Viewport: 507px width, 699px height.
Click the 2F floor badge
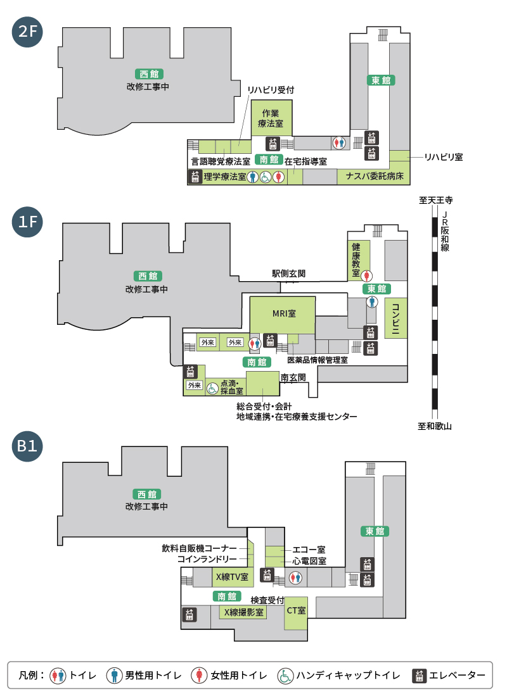(27, 32)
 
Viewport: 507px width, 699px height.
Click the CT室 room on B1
(296, 612)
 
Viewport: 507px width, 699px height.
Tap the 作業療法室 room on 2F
(273, 118)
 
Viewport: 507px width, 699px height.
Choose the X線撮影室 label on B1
(243, 612)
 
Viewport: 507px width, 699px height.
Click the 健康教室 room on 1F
(356, 259)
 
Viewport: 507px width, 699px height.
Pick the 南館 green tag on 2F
(269, 159)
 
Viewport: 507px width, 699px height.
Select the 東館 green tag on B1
(375, 531)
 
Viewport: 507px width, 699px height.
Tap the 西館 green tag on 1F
(146, 276)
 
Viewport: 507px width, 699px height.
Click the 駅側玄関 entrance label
(289, 274)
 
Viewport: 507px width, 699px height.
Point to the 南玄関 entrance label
(293, 377)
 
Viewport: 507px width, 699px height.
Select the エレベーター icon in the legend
(419, 676)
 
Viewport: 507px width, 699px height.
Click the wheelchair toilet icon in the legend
(285, 676)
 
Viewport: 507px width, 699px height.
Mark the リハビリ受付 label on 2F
(271, 90)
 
